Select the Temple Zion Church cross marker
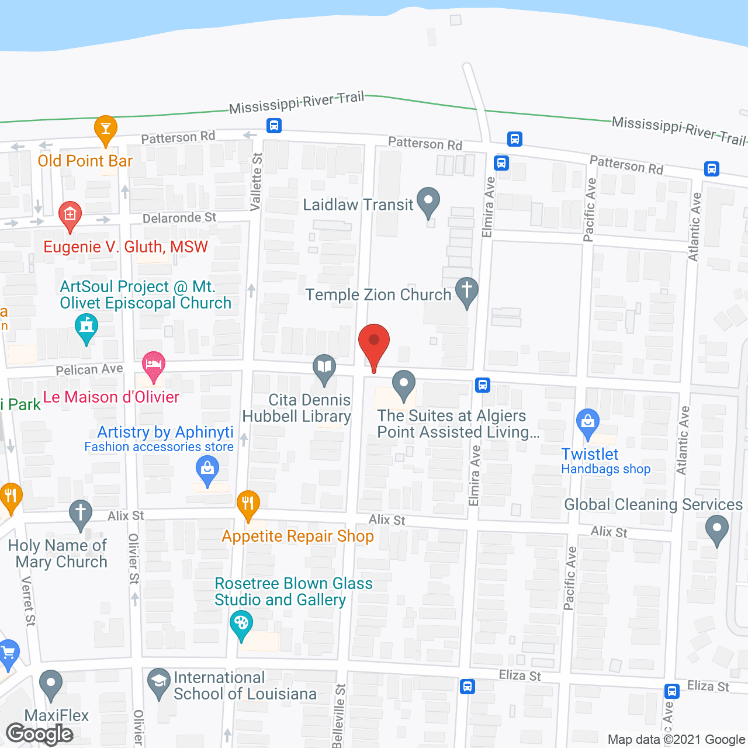pos(466,290)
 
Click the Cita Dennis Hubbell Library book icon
pos(324,368)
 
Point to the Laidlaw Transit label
pos(358,205)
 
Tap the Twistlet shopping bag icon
pos(587,422)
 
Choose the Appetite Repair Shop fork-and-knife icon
pos(248,504)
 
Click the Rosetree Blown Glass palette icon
pos(241,624)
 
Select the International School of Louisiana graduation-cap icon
pos(158,682)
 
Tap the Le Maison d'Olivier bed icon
pos(154,365)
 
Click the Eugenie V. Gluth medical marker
pos(70,215)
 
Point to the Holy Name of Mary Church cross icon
pos(81,514)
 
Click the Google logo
pos(40,734)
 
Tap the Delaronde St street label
pos(179,218)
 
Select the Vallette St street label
pos(256,182)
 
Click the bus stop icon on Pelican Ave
pos(483,385)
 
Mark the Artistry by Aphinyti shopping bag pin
pos(207,469)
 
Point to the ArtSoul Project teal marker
pos(86,327)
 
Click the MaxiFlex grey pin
pos(51,683)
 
